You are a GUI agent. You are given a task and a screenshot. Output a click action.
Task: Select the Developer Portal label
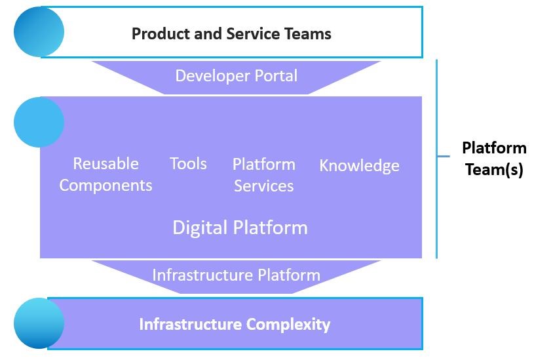point(237,76)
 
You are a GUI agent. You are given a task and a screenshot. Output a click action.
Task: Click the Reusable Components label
point(106,174)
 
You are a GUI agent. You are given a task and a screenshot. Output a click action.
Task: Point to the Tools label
point(188,164)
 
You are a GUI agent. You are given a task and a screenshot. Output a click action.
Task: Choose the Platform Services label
point(264,175)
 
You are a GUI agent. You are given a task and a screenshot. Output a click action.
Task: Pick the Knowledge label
point(359,166)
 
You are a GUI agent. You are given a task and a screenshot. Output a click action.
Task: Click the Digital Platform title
point(240,228)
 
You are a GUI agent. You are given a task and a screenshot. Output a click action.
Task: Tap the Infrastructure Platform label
point(237,275)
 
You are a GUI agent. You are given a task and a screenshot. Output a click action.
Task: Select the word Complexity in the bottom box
point(288,325)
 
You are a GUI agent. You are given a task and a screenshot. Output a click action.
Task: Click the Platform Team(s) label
point(494,159)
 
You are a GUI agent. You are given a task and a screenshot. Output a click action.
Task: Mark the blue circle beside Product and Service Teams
point(39,31)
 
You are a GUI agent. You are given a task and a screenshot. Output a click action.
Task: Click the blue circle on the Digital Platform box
point(39,122)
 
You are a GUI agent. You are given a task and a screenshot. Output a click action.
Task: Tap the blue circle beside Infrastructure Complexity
point(39,323)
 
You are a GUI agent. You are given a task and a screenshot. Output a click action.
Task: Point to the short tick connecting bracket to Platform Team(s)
point(444,157)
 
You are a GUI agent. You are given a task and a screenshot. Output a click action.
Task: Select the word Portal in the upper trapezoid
point(277,76)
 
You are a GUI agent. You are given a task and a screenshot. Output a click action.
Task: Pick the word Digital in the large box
point(200,228)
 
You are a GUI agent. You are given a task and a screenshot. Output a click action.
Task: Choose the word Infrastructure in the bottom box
point(191,324)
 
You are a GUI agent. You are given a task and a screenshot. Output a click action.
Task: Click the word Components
point(106,186)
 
